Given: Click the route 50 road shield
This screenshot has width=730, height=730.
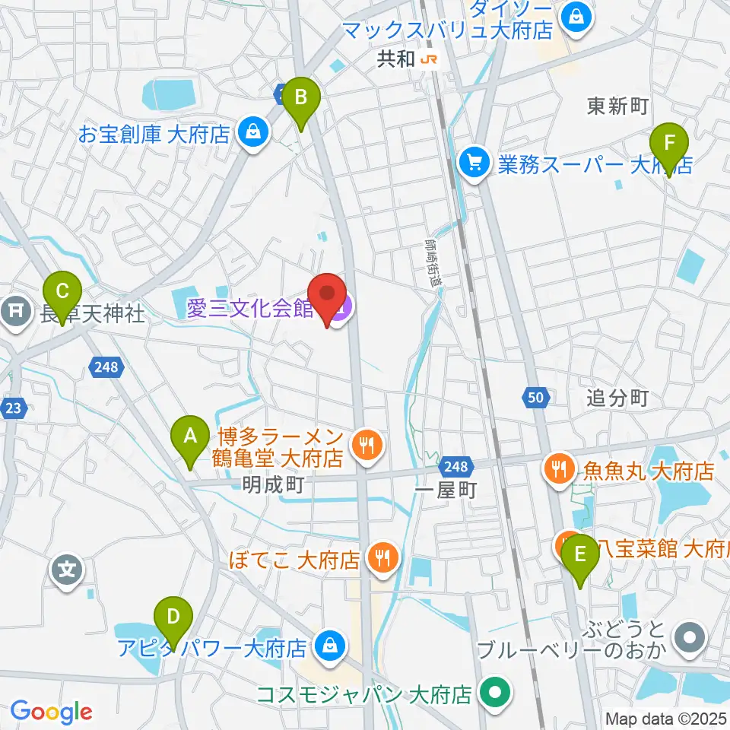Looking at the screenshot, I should (535, 395).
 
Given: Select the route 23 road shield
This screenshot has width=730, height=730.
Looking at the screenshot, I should (13, 408).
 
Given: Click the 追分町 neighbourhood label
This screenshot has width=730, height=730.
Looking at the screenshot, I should (617, 398).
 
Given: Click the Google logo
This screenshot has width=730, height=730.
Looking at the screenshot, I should (51, 712).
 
